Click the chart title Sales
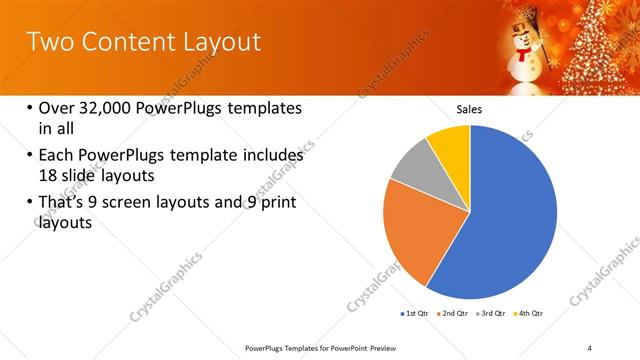[469, 109]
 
